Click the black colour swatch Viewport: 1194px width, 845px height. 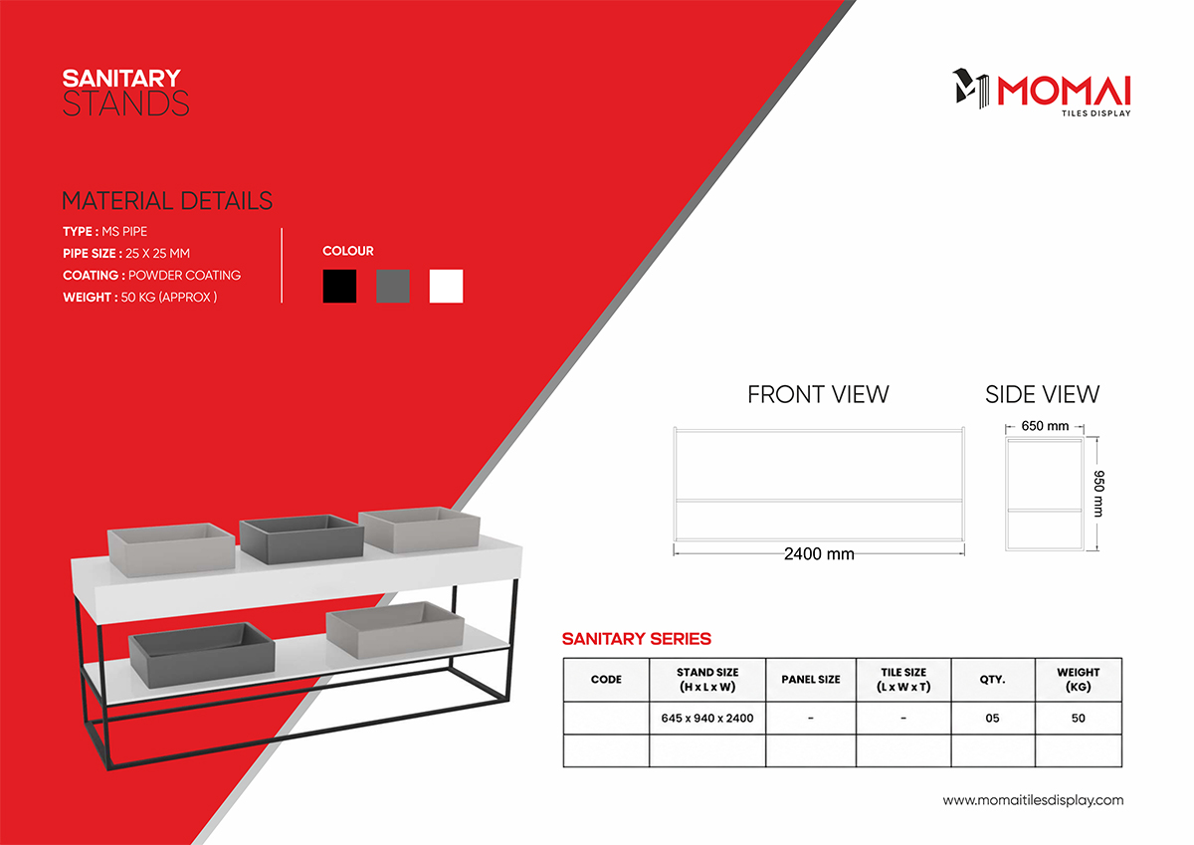tap(339, 286)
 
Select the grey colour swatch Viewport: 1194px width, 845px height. tap(393, 286)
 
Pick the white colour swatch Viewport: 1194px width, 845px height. tap(446, 286)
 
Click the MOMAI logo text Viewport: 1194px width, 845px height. tap(1064, 91)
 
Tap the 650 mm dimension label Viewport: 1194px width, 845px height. tap(1045, 426)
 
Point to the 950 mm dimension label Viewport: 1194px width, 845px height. tap(1099, 494)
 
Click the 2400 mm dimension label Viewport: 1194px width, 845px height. tap(819, 554)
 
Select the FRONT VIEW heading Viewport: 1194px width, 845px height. tap(818, 394)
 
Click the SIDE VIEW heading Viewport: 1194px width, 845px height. tap(1042, 394)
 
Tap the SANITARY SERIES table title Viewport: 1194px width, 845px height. tap(637, 639)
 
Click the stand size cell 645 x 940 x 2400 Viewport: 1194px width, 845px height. tap(707, 719)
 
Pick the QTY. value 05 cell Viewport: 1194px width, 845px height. tap(993, 719)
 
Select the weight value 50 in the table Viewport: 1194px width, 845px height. tap(1079, 719)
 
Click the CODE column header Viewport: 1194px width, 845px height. tap(606, 679)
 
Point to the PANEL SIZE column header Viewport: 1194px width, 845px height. tap(811, 679)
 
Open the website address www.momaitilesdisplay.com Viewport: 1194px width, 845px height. tap(1033, 800)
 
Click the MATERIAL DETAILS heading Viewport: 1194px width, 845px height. tap(167, 201)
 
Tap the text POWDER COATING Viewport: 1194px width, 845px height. tap(184, 275)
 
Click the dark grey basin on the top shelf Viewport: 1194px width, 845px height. tap(301, 537)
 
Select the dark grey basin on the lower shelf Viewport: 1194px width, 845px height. tap(201, 654)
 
